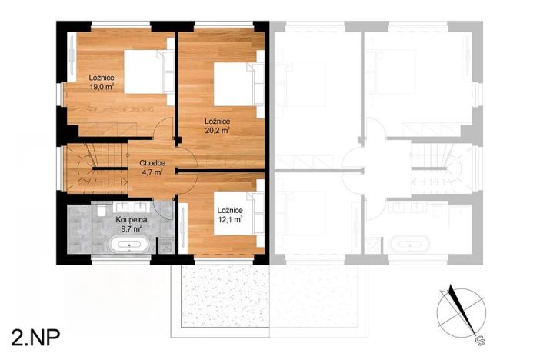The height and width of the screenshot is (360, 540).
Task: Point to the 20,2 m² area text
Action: click(218, 130)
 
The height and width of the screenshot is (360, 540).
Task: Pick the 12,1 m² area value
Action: click(230, 219)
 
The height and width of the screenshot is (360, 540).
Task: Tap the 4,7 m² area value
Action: click(152, 172)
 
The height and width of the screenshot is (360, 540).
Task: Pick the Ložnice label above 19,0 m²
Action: click(102, 78)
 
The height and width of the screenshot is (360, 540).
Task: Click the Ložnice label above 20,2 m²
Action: click(218, 121)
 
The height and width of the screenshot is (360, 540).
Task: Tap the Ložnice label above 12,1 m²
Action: click(230, 210)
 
